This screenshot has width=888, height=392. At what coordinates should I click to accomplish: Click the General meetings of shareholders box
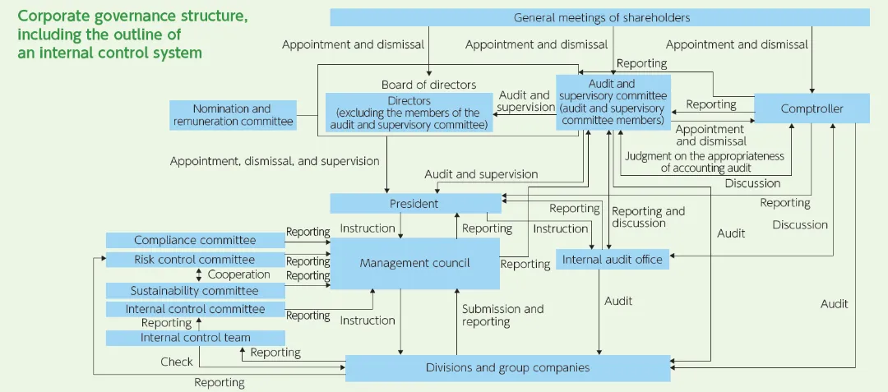(x=600, y=17)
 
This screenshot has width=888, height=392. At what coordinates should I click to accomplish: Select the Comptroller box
(x=812, y=108)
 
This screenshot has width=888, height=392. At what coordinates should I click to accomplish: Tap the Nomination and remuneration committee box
(x=232, y=115)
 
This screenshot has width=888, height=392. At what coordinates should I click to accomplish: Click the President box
(x=414, y=203)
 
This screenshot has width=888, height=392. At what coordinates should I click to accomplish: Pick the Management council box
(x=414, y=263)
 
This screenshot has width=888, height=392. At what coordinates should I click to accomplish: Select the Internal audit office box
(x=612, y=260)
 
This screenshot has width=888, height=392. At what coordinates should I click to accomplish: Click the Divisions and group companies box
(x=507, y=367)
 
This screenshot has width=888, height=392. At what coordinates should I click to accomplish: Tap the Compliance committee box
(x=195, y=240)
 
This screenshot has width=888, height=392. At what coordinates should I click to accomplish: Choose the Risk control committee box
(x=195, y=260)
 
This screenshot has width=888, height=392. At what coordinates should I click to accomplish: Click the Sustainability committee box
(x=195, y=290)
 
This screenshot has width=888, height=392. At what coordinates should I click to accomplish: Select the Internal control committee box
(x=195, y=309)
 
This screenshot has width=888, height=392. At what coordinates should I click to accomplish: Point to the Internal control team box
(x=195, y=338)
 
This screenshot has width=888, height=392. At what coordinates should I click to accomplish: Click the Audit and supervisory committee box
(x=613, y=102)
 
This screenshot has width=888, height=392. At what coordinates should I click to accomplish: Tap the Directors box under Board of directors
(x=409, y=113)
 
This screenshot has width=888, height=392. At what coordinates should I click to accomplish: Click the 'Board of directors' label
(x=428, y=85)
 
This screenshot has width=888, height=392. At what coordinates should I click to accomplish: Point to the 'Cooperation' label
(x=238, y=274)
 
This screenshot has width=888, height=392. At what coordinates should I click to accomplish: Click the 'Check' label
(x=177, y=362)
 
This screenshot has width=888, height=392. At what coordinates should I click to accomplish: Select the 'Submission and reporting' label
(x=502, y=315)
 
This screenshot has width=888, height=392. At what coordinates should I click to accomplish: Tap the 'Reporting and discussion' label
(x=648, y=217)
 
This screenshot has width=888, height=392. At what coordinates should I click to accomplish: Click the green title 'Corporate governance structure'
(x=132, y=16)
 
